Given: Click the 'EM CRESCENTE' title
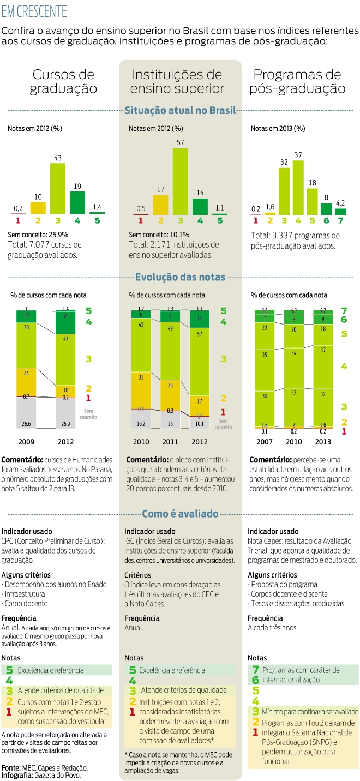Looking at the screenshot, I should coord(34,11).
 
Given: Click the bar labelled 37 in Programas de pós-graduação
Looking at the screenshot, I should coord(298,187).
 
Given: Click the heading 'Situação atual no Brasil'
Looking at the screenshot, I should coord(180,111).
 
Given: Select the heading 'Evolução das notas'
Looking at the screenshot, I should coord(180,277).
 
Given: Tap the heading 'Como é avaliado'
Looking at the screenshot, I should coord(180,514).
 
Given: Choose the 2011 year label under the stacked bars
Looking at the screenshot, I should coord(170,442).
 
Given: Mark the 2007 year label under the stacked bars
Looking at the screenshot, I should coord(265,442).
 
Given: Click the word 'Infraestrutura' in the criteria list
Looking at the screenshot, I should coord(25,594).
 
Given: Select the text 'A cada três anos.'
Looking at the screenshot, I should coord(273,628).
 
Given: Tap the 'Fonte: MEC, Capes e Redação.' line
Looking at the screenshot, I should coord(45,767).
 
